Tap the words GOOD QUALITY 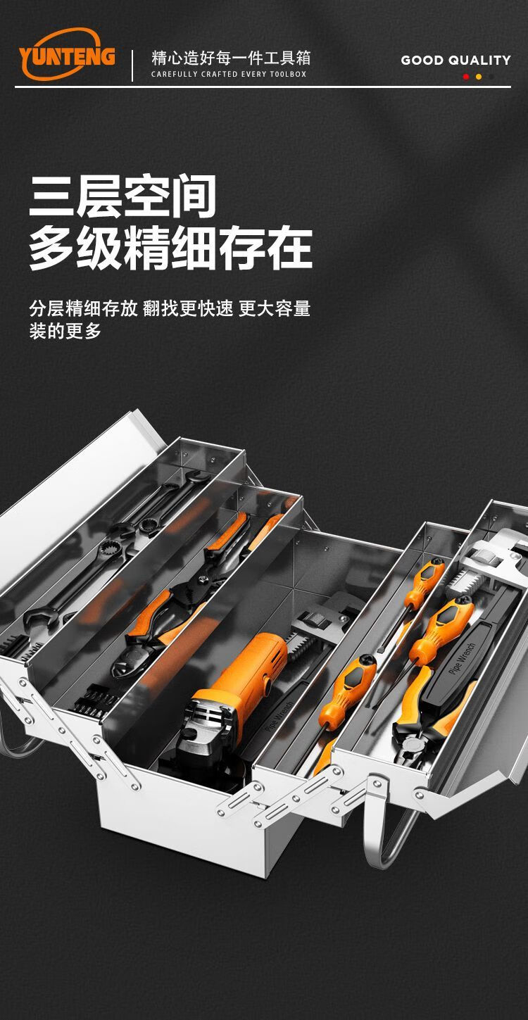[x=455, y=60]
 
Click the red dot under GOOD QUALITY [x=465, y=77]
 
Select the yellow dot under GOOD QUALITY [x=478, y=77]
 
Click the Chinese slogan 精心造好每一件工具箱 [x=231, y=58]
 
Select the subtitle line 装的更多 [x=65, y=331]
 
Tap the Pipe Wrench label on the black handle [x=462, y=658]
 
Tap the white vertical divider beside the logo [x=132, y=65]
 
